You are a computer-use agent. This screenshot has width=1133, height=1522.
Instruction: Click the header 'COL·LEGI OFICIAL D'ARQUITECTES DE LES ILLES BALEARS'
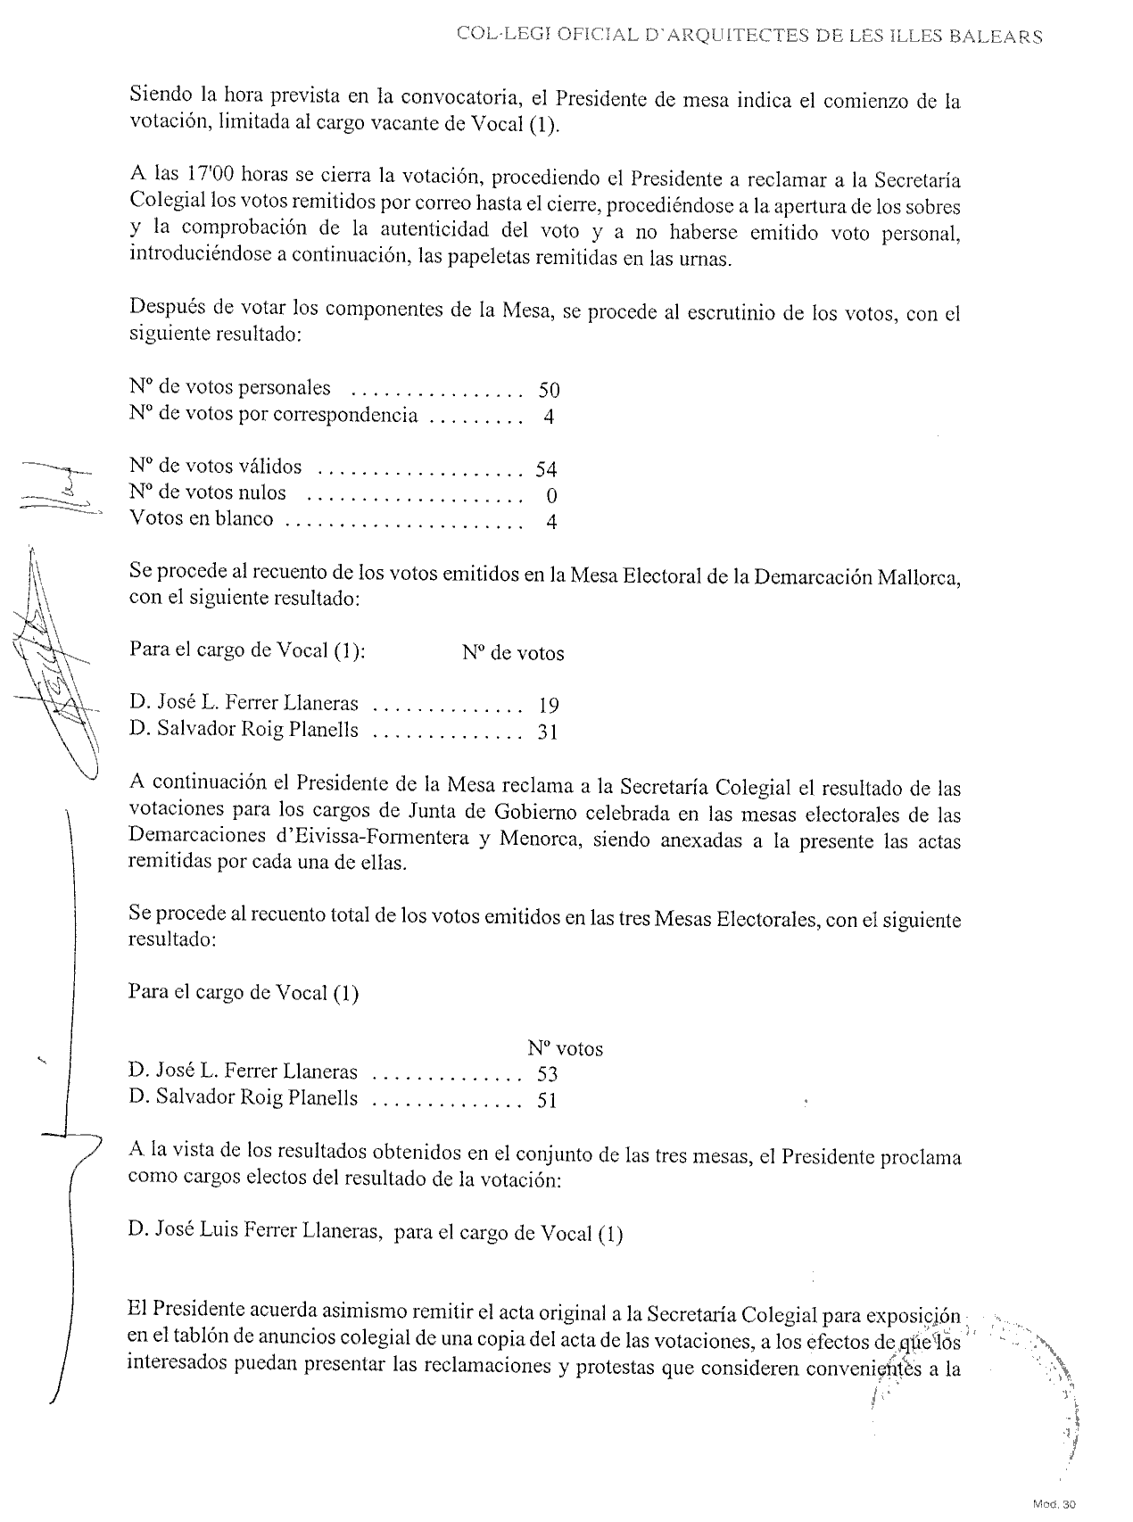pos(749,37)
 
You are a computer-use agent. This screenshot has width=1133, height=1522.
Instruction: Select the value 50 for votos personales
pos(549,390)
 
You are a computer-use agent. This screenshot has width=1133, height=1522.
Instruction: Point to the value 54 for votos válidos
pos(546,469)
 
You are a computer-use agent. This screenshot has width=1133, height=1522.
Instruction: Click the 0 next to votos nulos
pos(551,495)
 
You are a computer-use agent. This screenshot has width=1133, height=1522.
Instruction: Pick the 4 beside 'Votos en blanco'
pos(551,522)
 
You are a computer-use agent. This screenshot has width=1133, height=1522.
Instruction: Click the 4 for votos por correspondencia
pos(549,417)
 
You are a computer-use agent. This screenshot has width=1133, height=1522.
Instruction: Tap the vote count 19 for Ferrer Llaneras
pos(549,706)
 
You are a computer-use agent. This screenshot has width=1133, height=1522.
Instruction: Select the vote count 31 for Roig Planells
pos(548,732)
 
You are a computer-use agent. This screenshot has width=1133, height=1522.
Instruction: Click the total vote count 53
pos(547,1074)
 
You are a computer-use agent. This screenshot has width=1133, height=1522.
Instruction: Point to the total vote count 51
pos(547,1101)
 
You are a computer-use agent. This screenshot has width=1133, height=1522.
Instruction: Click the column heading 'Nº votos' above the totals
pos(565,1049)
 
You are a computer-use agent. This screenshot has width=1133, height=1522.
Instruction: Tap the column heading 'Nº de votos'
pos(513,654)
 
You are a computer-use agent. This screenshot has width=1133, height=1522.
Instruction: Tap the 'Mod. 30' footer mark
pos(1054,1505)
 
